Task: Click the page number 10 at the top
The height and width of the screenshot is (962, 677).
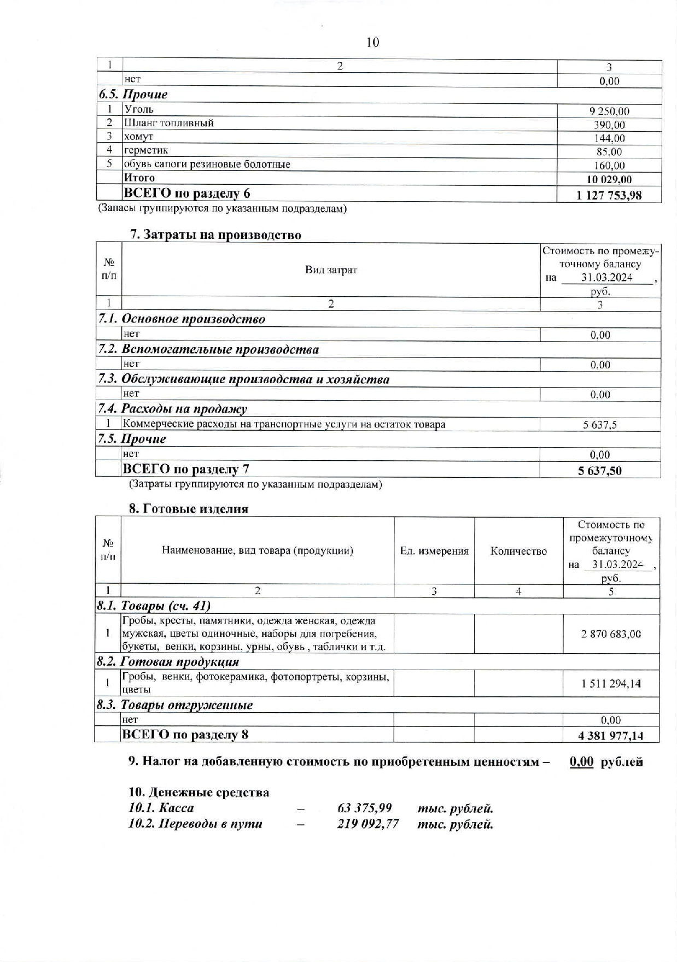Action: tap(372, 42)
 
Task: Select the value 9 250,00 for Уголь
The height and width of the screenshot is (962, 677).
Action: tap(609, 111)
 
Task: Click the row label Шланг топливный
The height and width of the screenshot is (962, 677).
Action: tap(168, 123)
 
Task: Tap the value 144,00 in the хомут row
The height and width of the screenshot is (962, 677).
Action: tap(609, 138)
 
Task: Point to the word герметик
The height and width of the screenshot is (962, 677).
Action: tap(146, 150)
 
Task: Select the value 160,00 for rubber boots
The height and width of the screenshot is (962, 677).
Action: tap(609, 165)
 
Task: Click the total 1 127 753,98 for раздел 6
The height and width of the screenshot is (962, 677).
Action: tap(609, 195)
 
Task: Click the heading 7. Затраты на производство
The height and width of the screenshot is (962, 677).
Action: tap(215, 235)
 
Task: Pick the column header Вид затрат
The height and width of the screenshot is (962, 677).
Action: tap(331, 269)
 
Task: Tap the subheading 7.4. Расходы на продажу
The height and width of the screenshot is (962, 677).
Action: tap(172, 409)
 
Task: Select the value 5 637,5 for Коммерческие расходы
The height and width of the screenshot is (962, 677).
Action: tap(600, 425)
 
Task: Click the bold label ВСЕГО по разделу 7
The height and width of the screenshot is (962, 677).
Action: tap(186, 469)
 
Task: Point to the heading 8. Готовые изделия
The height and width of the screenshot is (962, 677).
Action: tap(189, 509)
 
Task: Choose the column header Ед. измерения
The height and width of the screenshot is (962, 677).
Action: tap(434, 551)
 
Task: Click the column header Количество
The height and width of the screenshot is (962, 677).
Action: tap(518, 551)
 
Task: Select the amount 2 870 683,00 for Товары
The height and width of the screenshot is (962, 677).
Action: tap(611, 634)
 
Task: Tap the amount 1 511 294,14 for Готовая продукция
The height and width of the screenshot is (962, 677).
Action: tap(611, 683)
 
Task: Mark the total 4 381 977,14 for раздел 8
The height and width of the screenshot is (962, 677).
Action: tap(611, 735)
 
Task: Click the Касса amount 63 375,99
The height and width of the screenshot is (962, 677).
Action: tap(365, 808)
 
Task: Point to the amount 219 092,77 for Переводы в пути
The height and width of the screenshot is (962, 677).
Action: tap(368, 824)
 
